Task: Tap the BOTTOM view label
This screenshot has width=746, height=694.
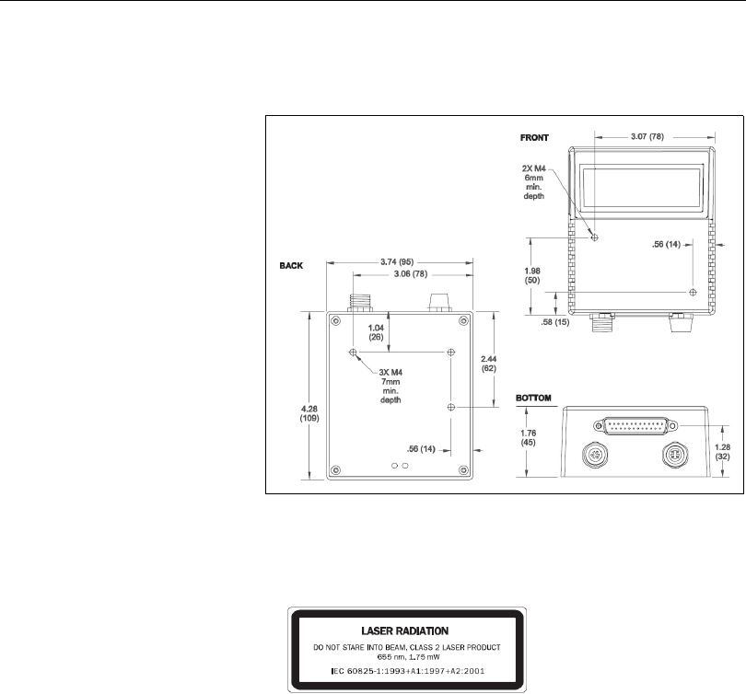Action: pyautogui.click(x=533, y=398)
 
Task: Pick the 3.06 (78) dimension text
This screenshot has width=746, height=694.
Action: pyautogui.click(x=402, y=273)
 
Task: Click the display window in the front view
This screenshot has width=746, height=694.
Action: pyautogui.click(x=643, y=191)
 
